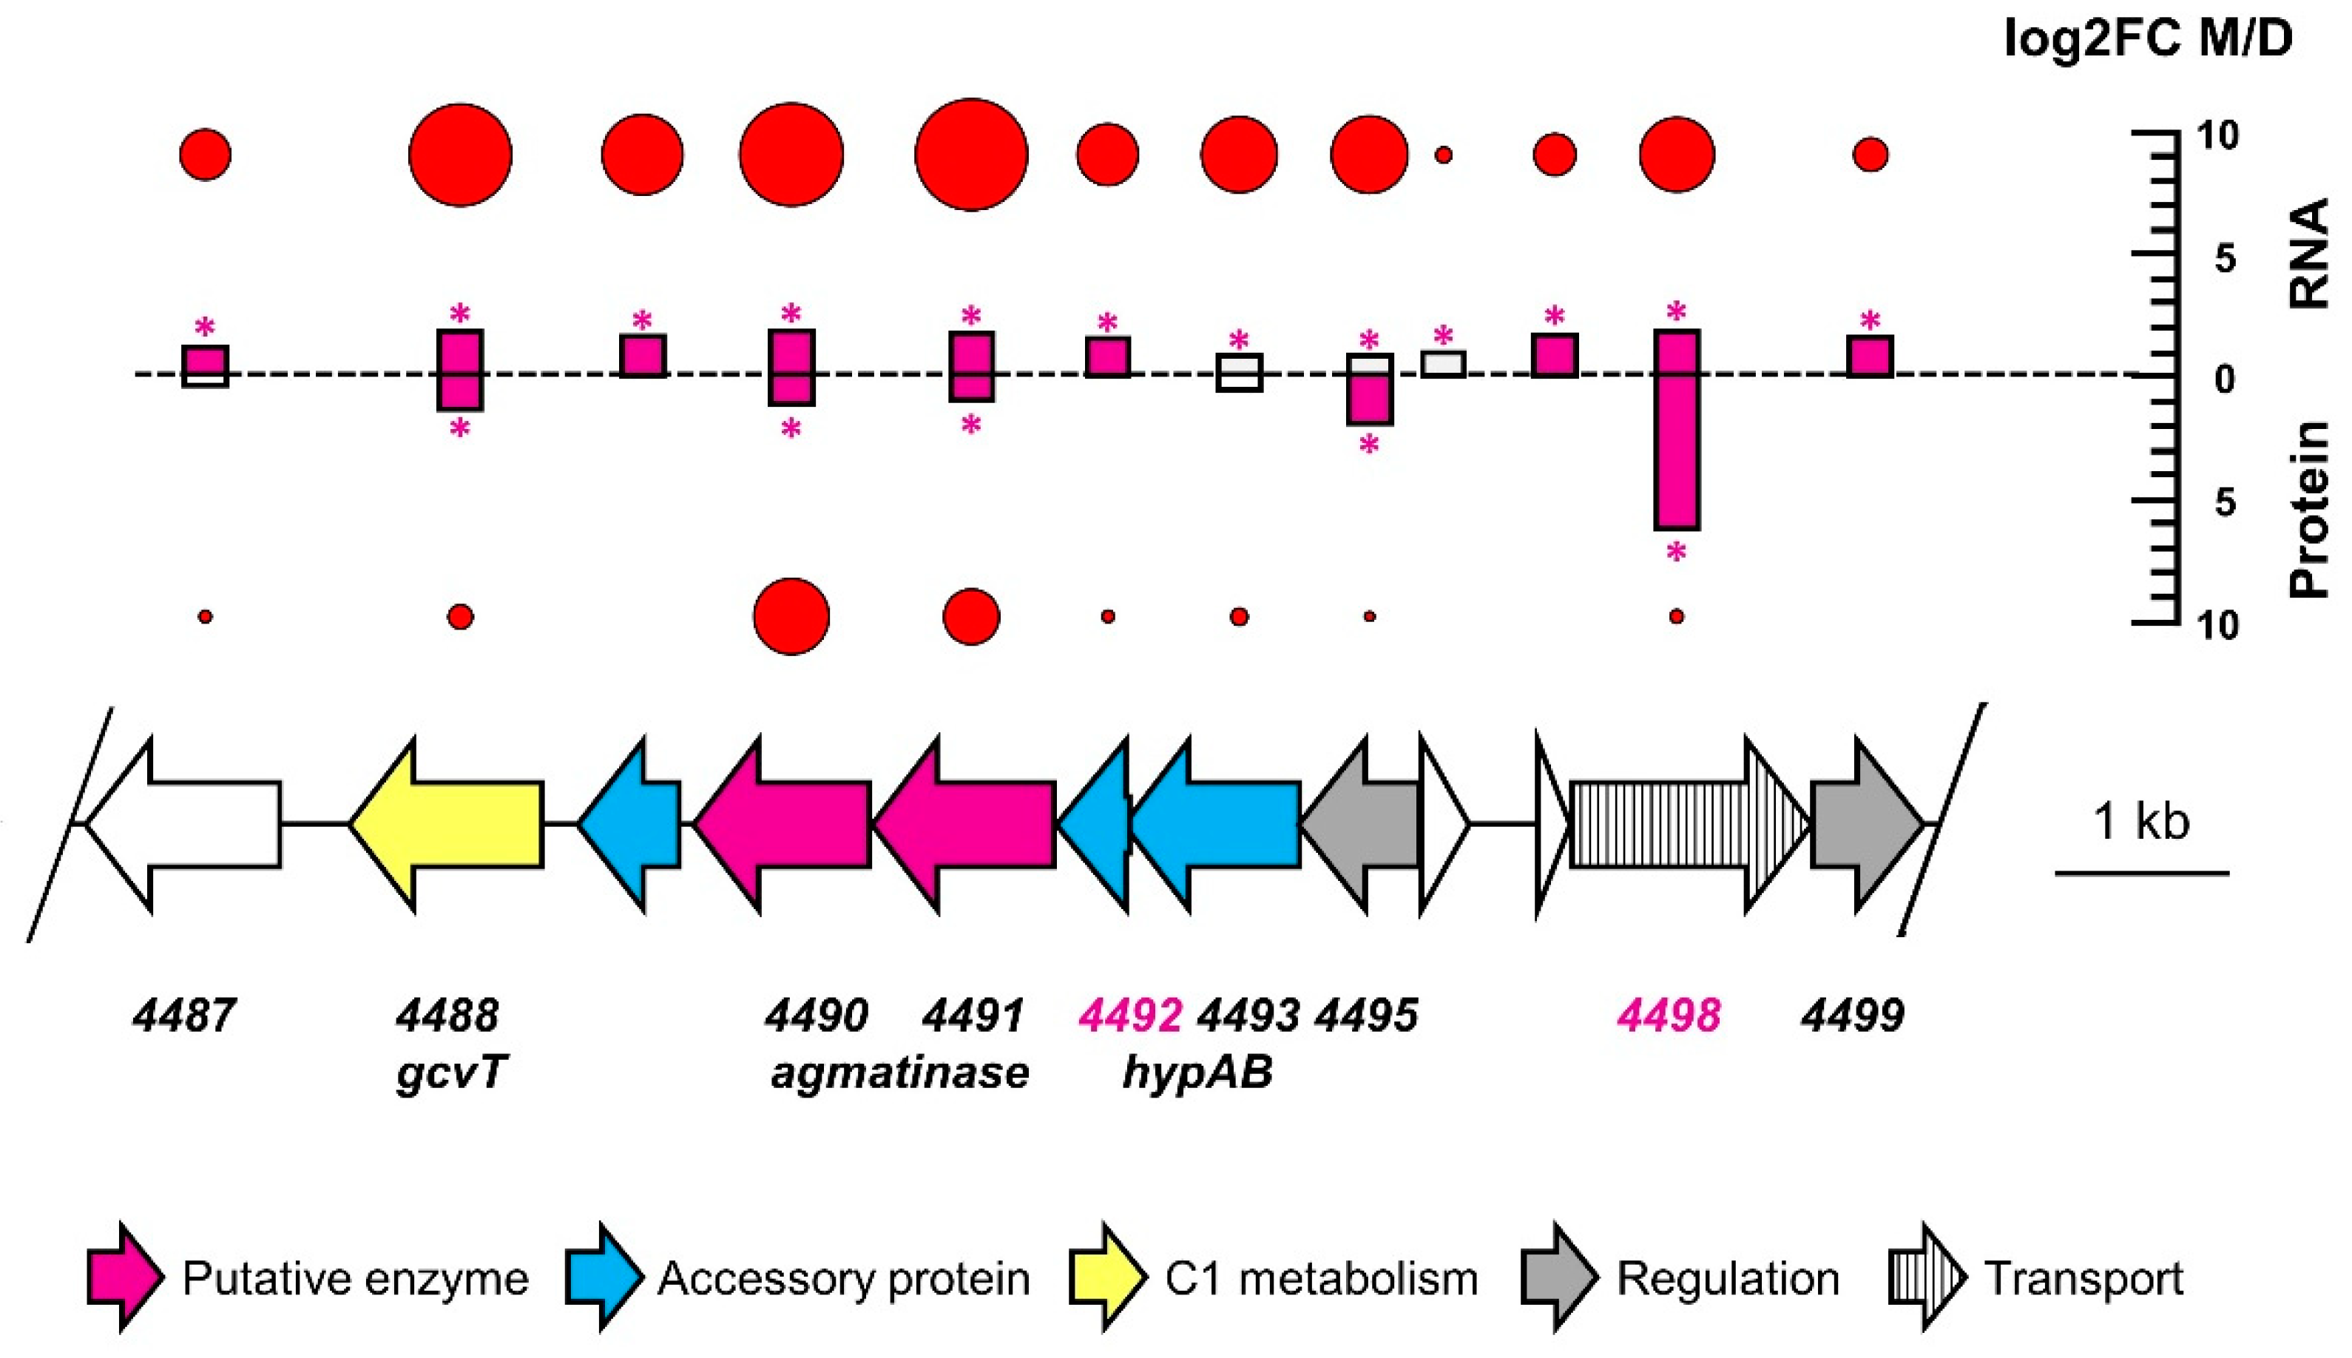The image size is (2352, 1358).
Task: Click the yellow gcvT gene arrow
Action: coord(447,825)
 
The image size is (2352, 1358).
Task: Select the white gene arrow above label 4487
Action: coord(186,825)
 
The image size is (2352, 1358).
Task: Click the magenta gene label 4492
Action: coord(1130,1016)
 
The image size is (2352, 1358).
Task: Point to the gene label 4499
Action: coord(1852,1016)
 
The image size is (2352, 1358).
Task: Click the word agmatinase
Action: coord(899,1072)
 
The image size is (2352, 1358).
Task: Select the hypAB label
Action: coord(1197,1072)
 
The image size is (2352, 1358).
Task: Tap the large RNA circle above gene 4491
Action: coord(971,155)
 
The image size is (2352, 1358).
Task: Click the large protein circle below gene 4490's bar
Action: coord(791,617)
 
